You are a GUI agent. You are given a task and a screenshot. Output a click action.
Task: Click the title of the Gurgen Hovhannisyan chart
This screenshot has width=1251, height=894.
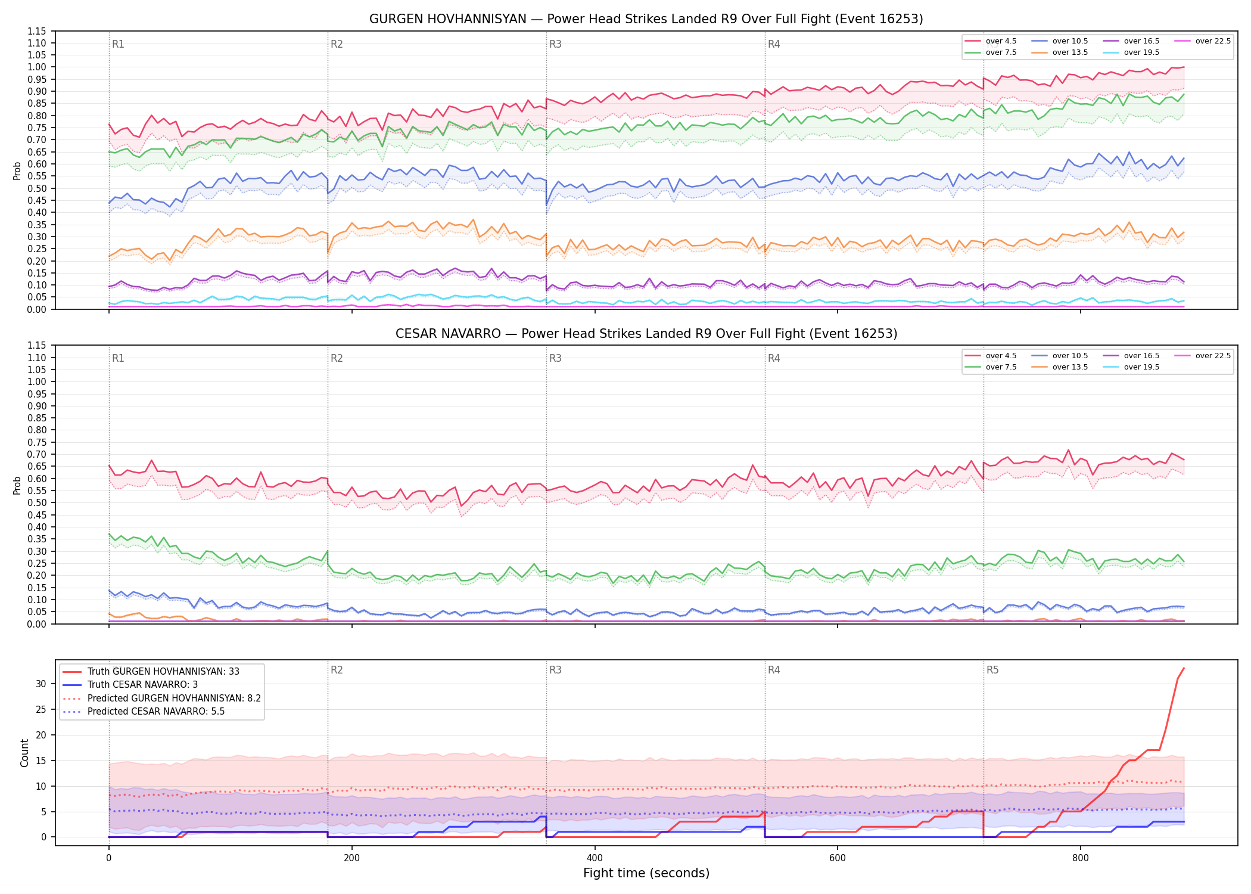coord(646,19)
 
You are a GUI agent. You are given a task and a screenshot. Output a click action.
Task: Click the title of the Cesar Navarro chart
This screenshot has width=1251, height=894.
coord(646,334)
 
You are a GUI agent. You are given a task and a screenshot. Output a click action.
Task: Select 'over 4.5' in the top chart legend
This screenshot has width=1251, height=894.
coord(1001,41)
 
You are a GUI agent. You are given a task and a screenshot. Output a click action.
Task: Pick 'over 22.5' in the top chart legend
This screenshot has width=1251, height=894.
coord(1213,41)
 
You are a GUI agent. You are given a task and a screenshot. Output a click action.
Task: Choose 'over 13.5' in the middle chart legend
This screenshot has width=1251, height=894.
coord(1070,367)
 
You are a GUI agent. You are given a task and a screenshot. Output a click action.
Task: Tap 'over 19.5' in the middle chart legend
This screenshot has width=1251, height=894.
coord(1141,367)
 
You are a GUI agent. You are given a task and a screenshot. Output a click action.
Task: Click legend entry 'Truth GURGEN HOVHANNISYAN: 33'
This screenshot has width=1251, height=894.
coord(163,672)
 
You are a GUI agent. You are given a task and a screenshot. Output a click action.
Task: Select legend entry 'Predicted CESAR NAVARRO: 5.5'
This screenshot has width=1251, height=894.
coord(156,712)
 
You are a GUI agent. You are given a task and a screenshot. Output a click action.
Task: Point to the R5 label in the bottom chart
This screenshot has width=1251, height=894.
coord(992,670)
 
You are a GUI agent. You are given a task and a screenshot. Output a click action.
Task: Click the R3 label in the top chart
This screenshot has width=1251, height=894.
coord(555,44)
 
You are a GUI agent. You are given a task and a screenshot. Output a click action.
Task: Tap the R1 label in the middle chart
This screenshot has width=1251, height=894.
coord(118,358)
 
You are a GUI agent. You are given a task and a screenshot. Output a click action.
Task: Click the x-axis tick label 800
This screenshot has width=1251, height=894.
coord(1080,858)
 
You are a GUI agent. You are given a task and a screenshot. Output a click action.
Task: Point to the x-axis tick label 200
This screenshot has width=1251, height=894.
coord(351,858)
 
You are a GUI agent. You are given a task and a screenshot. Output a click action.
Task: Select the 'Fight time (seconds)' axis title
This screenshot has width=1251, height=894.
coord(646,873)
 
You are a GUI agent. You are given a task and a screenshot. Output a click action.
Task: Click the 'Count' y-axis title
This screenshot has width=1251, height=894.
coord(24,753)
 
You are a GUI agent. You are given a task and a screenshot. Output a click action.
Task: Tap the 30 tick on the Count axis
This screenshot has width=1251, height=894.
coord(41,684)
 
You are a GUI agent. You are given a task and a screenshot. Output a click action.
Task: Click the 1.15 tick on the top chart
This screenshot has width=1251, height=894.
coord(37,31)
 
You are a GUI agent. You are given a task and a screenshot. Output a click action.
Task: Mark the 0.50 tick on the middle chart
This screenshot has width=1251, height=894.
coord(37,502)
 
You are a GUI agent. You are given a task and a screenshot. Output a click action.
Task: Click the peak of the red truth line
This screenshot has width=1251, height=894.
coord(1184,668)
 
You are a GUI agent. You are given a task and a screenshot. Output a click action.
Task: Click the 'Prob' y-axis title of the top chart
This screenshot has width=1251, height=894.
coord(17,170)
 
